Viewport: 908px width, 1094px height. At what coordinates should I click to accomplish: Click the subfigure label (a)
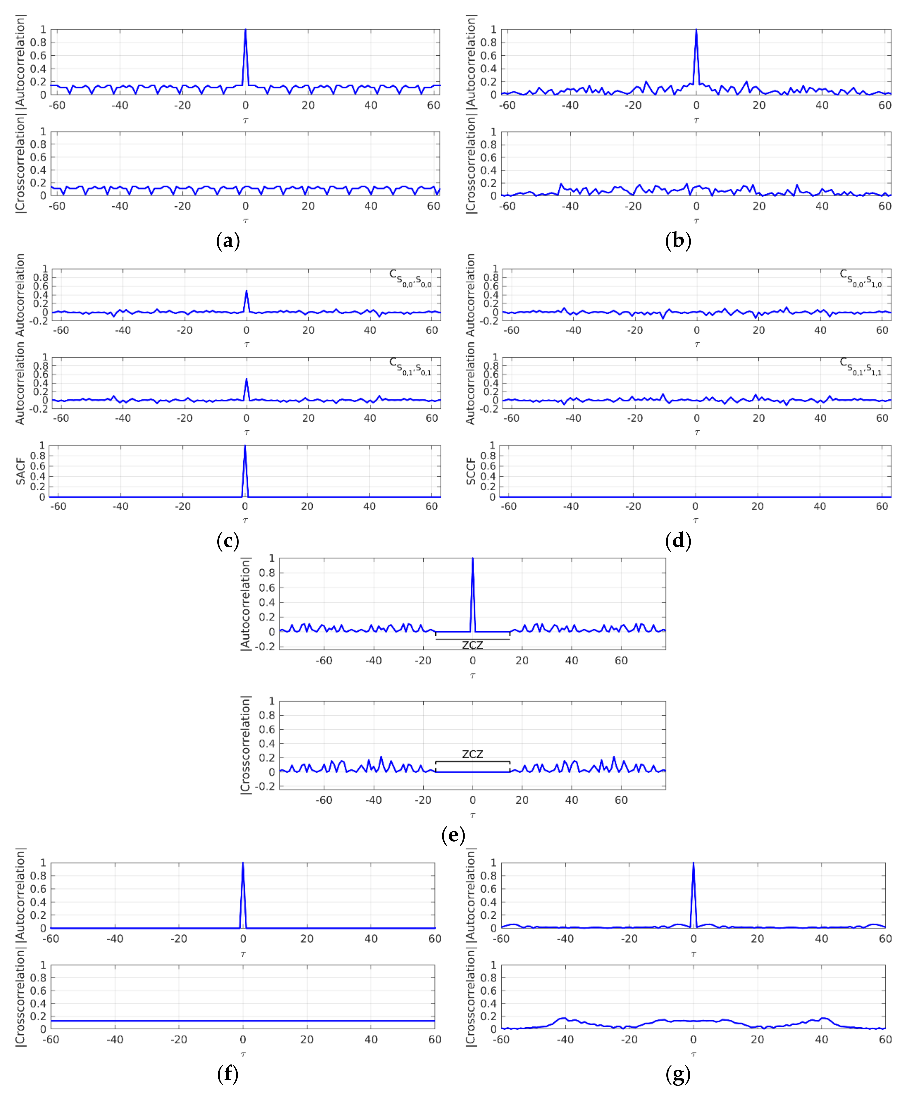point(228,241)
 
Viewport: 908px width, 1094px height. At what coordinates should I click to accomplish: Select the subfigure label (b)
point(678,241)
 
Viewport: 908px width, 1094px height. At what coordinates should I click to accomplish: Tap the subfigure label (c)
point(228,541)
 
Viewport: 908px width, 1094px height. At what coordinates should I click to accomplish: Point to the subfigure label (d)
point(678,541)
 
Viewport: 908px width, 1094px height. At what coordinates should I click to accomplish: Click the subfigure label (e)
point(453,835)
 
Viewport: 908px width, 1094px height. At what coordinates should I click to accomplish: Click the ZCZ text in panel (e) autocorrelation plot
point(472,645)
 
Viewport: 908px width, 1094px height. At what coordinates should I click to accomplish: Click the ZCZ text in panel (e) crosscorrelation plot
point(472,754)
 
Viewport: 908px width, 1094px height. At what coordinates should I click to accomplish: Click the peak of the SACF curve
point(245,446)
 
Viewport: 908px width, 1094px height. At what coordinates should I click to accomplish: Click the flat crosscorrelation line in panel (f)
point(156,1021)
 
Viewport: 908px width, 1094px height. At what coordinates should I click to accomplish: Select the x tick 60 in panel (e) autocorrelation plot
point(621,661)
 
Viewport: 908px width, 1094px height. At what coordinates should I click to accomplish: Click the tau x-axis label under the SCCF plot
point(695,520)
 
